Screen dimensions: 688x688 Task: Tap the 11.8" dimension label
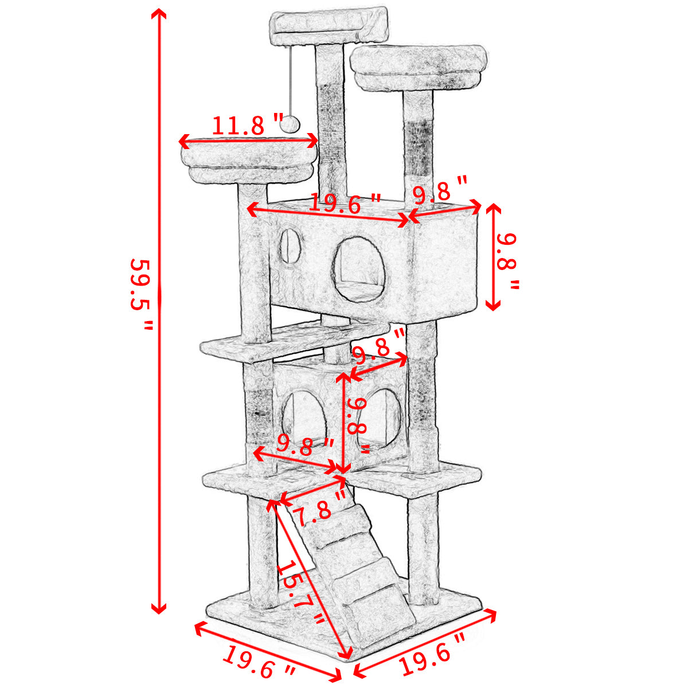(x=248, y=125)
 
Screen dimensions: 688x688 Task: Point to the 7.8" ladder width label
(x=318, y=507)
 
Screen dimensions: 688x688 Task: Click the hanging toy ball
(x=290, y=125)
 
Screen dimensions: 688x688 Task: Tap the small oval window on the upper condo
(x=289, y=247)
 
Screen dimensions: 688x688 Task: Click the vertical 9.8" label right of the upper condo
(x=507, y=261)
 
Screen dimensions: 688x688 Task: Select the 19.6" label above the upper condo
(x=345, y=204)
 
